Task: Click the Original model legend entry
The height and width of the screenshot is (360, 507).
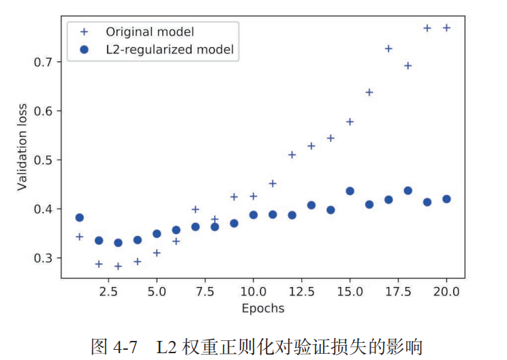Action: pyautogui.click(x=149, y=31)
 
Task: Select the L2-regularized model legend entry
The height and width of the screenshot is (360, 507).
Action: pyautogui.click(x=170, y=49)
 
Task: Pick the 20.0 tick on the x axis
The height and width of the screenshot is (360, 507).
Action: pyautogui.click(x=446, y=292)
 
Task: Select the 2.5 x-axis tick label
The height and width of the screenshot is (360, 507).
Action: pyautogui.click(x=99, y=292)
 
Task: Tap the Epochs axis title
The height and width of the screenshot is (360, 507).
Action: pyautogui.click(x=262, y=308)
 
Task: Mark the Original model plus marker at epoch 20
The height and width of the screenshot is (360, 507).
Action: pyautogui.click(x=446, y=28)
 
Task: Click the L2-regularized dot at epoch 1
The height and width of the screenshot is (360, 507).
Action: pyautogui.click(x=79, y=217)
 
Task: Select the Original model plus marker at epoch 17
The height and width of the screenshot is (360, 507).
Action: pyautogui.click(x=388, y=48)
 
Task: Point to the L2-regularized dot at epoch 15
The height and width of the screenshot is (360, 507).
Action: pyautogui.click(x=350, y=191)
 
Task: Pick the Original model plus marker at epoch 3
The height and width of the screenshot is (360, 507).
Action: pyautogui.click(x=118, y=266)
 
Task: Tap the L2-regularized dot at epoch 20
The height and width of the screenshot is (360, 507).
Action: pyautogui.click(x=446, y=199)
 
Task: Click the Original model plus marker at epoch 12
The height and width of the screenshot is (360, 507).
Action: pyautogui.click(x=292, y=155)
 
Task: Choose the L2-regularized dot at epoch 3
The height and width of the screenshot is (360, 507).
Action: pyautogui.click(x=118, y=243)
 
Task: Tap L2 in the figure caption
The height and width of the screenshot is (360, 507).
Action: pyautogui.click(x=168, y=346)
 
